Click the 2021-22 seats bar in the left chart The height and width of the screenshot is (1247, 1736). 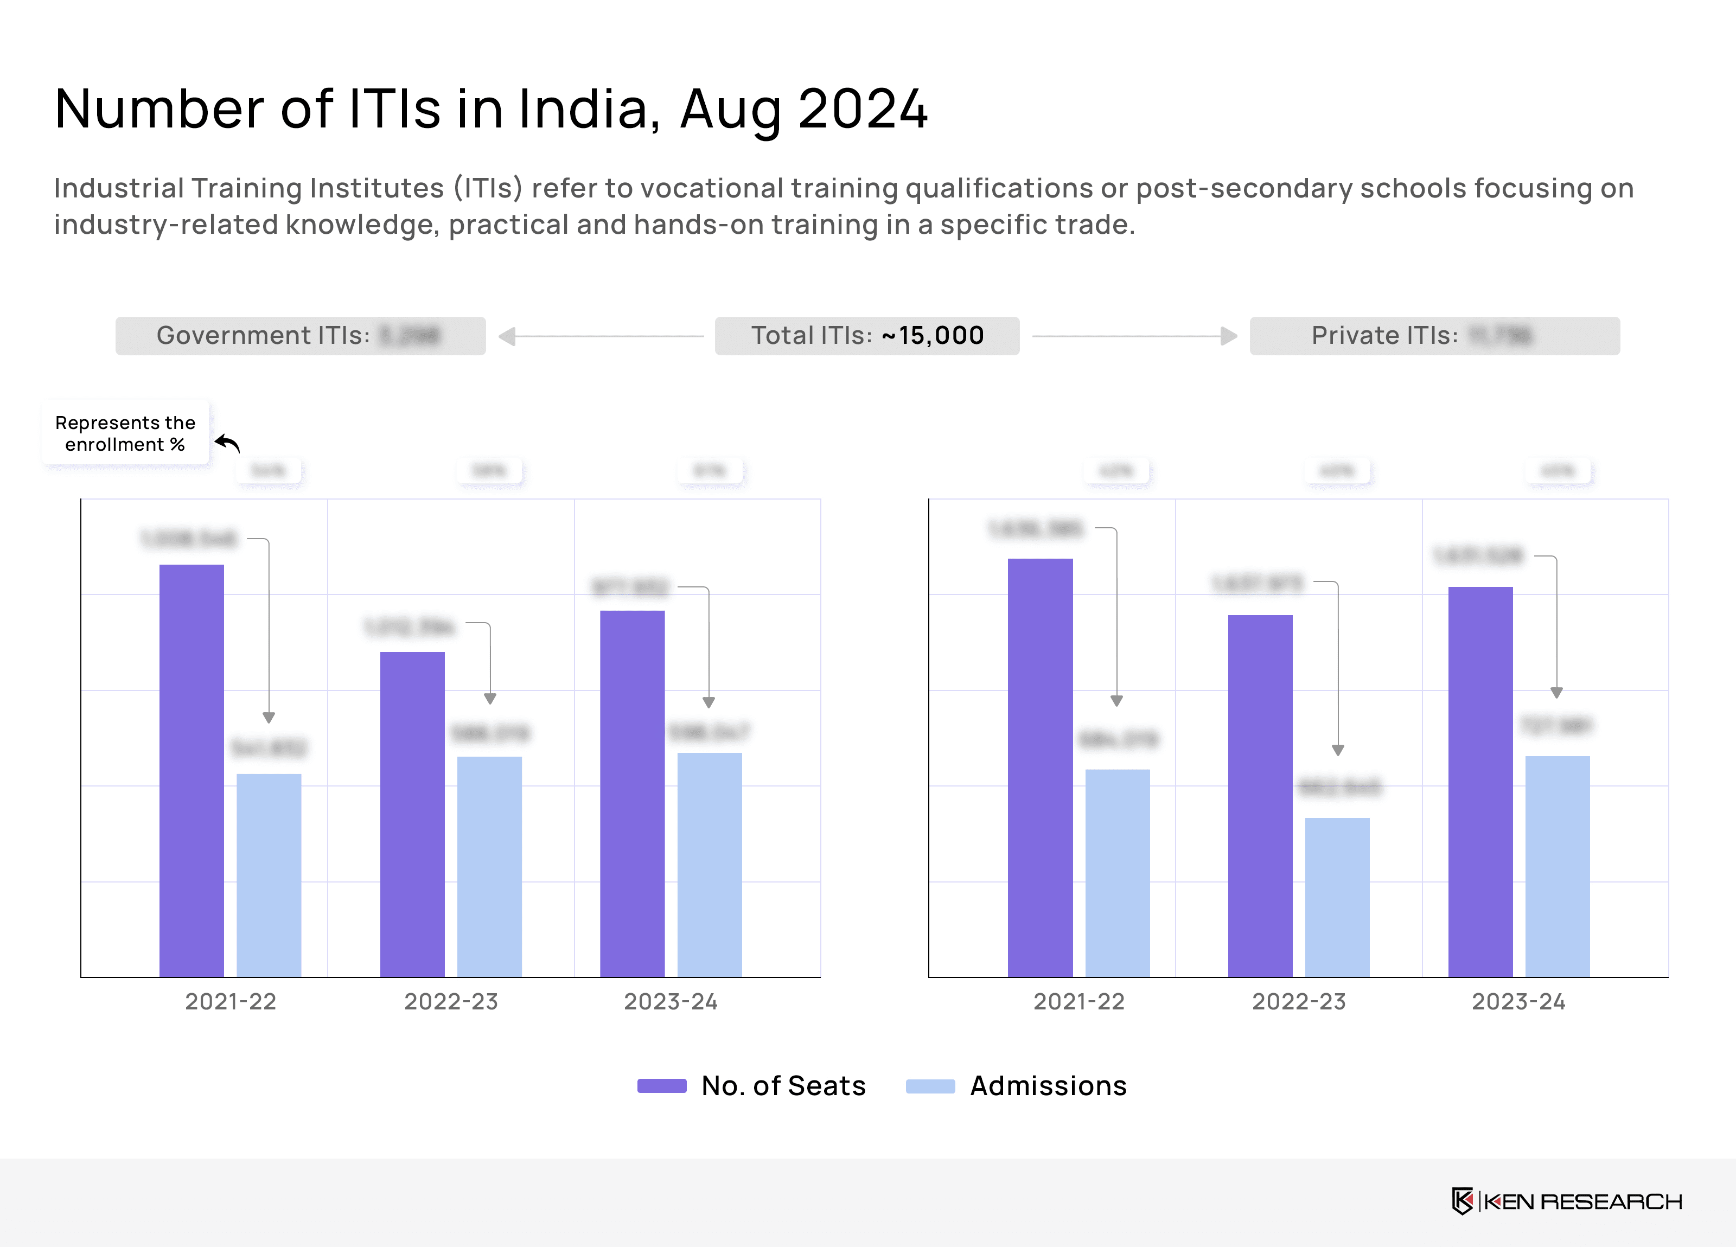coord(192,769)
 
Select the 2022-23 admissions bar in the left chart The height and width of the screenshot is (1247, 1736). coord(489,866)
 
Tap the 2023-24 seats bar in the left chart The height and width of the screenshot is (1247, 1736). coord(632,793)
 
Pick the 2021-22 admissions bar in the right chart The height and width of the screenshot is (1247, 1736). coord(1117,873)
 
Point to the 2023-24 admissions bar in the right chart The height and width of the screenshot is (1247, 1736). coord(1557,866)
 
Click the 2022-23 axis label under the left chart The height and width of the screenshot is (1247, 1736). coord(451,1001)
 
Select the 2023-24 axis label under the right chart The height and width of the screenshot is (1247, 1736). coord(1518,1001)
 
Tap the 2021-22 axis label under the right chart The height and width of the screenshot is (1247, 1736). coord(1078,1001)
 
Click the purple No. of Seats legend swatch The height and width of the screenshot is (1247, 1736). coord(661,1085)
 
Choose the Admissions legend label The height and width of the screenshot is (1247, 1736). coord(1048,1085)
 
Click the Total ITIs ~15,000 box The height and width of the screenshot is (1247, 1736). coord(866,335)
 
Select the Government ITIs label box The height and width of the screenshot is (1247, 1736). coord(300,335)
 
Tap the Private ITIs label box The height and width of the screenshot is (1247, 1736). coord(1434,335)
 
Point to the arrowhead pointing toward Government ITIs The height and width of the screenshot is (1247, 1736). coord(507,336)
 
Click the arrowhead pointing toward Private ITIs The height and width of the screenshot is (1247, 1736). coord(1229,336)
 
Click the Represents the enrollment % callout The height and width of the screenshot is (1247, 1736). coord(125,433)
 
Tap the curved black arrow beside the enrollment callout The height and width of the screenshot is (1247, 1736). coord(227,443)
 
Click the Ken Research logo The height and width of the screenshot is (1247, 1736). coord(1566,1201)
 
